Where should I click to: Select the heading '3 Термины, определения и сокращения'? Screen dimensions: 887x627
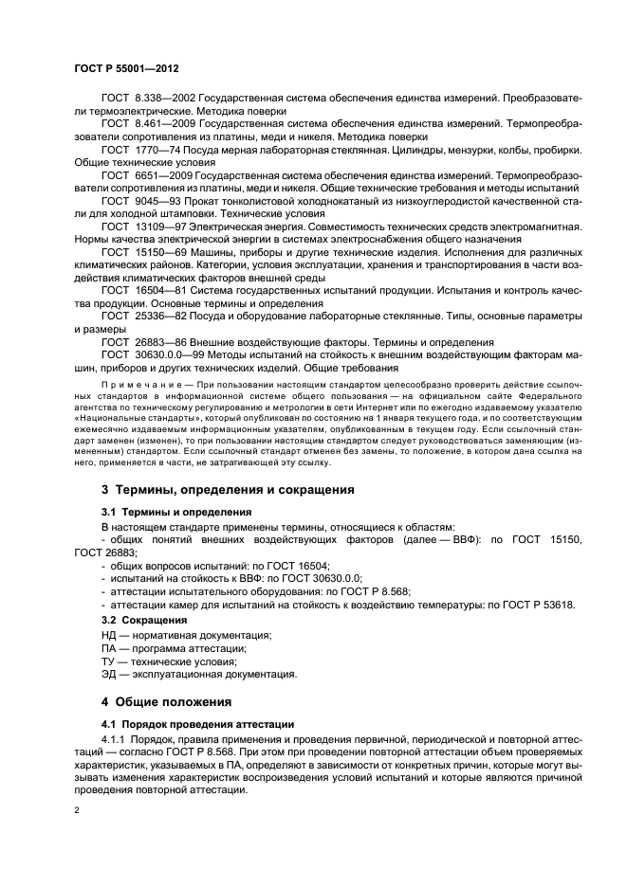tap(228, 490)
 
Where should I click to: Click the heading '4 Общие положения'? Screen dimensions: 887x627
tap(166, 702)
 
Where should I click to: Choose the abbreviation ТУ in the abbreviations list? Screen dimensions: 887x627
tap(108, 661)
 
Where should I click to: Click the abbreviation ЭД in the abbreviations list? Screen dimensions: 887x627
tap(109, 675)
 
